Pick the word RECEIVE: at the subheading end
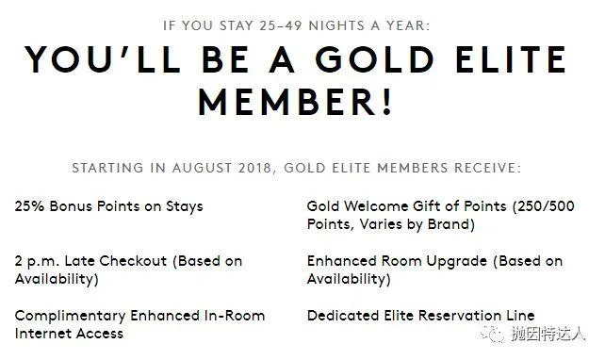point(488,169)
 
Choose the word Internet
point(43,333)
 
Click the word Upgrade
point(471,261)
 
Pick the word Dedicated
point(342,316)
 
